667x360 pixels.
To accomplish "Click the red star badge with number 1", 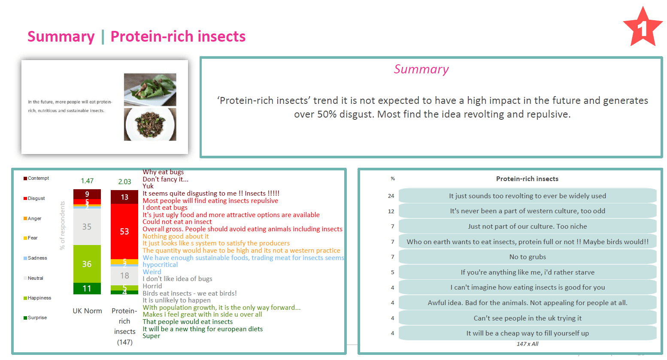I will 642,27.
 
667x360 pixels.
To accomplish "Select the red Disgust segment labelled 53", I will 124,231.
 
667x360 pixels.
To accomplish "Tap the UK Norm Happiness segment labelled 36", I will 87,264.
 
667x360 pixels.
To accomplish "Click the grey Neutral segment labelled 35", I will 87,227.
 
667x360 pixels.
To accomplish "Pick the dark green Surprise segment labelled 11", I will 87,288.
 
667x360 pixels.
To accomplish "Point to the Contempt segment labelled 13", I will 124,197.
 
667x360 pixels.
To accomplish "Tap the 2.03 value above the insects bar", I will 124,182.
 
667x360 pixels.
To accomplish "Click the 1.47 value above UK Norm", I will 87,181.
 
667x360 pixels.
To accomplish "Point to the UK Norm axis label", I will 87,311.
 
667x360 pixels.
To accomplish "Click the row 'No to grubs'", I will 528,257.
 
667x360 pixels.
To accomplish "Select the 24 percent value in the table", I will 391,196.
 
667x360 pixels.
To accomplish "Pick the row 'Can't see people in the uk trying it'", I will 528,318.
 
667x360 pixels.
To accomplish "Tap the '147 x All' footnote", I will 528,344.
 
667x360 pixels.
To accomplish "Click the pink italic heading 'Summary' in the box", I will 421,69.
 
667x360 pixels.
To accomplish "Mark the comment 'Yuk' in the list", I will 148,186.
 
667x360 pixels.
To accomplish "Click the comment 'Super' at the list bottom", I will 152,336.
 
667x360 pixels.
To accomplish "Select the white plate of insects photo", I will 150,124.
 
